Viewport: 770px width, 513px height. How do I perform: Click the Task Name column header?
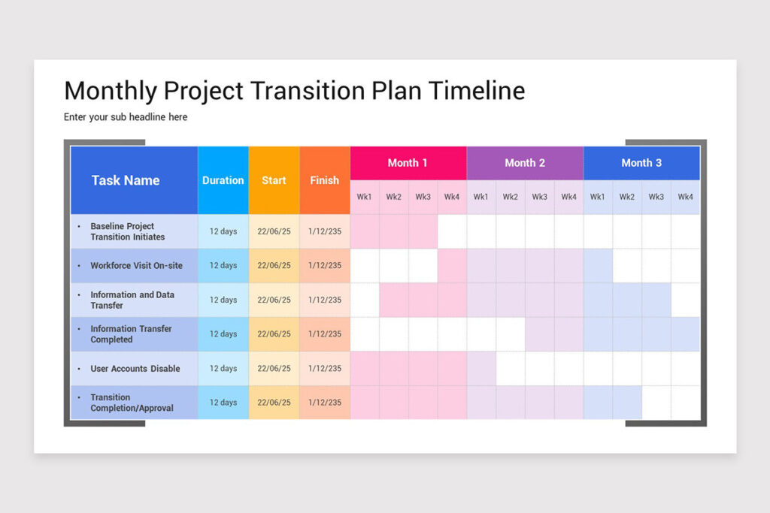[x=126, y=180]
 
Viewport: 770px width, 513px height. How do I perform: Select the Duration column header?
[x=223, y=180]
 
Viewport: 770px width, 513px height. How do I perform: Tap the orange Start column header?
[x=274, y=180]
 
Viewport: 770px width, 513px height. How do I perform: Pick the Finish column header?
[x=325, y=180]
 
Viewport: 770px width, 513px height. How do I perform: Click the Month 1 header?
[x=408, y=163]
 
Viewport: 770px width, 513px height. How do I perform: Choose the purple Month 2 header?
[x=525, y=163]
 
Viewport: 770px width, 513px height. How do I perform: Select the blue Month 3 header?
[x=641, y=163]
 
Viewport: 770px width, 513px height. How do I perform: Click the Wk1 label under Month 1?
[x=365, y=198]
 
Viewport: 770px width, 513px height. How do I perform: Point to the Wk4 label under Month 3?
[x=685, y=198]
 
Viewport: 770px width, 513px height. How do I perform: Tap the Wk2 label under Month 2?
[x=511, y=198]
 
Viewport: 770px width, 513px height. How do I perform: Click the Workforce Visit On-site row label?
[x=136, y=266]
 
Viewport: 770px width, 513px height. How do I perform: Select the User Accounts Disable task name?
[x=135, y=369]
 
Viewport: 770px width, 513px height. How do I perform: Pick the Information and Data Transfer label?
[x=132, y=300]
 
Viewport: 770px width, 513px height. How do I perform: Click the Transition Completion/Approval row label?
[x=132, y=403]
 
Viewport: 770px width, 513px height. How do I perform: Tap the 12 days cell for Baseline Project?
[x=223, y=231]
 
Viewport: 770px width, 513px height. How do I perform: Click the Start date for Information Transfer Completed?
[x=274, y=334]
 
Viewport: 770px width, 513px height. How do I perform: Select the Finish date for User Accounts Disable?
[x=325, y=369]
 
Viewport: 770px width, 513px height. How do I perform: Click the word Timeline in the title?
[x=477, y=91]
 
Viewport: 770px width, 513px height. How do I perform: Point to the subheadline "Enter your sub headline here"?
[x=126, y=117]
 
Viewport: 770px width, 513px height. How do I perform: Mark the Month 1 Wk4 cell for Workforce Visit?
[x=452, y=266]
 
